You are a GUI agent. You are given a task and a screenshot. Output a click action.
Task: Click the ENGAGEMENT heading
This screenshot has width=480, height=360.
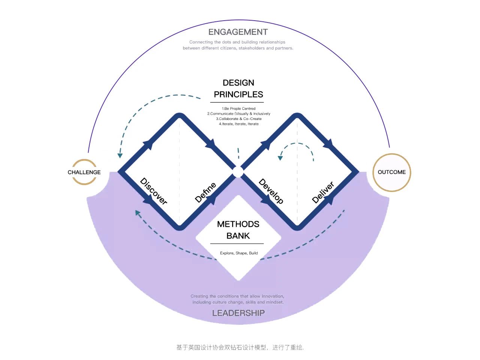(x=238, y=32)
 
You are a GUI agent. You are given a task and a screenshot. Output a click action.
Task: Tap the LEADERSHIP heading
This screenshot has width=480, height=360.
(x=238, y=313)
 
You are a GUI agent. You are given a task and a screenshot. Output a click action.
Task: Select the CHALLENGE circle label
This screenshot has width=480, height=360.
(x=84, y=172)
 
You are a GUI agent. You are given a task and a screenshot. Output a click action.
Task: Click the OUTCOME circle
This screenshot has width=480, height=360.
(x=391, y=172)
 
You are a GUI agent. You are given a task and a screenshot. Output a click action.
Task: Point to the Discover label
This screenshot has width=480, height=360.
(x=153, y=191)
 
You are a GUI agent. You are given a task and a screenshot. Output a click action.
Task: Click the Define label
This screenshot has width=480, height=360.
(x=205, y=192)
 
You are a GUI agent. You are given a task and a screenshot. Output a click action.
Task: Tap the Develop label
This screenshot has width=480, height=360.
(x=271, y=191)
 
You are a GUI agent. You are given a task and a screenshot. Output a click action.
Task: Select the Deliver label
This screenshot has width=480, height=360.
(x=323, y=192)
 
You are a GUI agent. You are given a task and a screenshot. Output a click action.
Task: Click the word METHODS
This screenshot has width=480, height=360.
(x=238, y=224)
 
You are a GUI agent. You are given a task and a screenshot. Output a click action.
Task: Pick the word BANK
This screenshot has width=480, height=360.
(x=238, y=236)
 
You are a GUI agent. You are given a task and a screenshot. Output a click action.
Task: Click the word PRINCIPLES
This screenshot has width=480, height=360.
(x=238, y=94)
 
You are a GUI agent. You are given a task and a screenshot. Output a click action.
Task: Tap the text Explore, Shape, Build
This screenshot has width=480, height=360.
(x=239, y=253)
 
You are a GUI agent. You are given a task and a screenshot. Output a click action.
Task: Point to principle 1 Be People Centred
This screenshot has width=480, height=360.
(x=238, y=108)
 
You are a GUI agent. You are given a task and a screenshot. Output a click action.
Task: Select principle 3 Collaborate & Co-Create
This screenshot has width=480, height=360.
(x=239, y=119)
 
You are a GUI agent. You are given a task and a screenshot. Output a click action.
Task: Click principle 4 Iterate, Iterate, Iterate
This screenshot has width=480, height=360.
(x=239, y=124)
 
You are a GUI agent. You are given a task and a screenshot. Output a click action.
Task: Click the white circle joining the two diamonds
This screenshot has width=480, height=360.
(x=238, y=172)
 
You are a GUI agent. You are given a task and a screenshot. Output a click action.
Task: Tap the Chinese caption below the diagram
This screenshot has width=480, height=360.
(x=240, y=347)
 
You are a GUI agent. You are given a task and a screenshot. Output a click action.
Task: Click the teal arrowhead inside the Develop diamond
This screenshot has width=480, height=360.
(x=280, y=158)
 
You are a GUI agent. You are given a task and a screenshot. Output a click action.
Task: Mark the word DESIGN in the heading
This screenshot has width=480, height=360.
(x=238, y=82)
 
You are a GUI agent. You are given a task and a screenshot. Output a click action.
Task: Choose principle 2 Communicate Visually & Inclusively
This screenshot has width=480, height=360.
(x=239, y=114)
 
